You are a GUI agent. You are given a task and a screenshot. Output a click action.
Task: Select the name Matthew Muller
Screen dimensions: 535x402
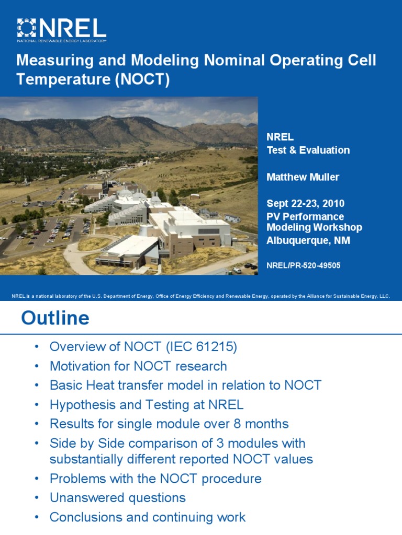(x=303, y=177)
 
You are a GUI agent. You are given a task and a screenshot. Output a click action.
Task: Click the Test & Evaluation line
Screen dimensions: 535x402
(x=308, y=150)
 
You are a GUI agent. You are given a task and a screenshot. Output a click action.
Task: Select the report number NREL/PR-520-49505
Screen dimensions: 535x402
(x=303, y=265)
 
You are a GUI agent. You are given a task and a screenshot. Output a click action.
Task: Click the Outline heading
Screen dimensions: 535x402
(x=55, y=318)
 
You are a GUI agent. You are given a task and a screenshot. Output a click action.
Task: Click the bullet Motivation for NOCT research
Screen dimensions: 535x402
(x=138, y=366)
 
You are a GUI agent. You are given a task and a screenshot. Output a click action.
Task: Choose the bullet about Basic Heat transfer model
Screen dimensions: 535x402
(x=185, y=386)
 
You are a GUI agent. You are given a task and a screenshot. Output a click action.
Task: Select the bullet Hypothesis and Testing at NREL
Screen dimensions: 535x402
(x=147, y=404)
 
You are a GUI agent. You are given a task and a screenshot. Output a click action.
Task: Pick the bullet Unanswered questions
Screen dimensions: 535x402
(x=117, y=497)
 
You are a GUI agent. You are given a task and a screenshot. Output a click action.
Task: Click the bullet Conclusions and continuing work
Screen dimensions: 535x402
(x=147, y=517)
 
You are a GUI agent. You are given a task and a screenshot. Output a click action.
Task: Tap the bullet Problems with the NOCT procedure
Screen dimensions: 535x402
(x=155, y=478)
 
